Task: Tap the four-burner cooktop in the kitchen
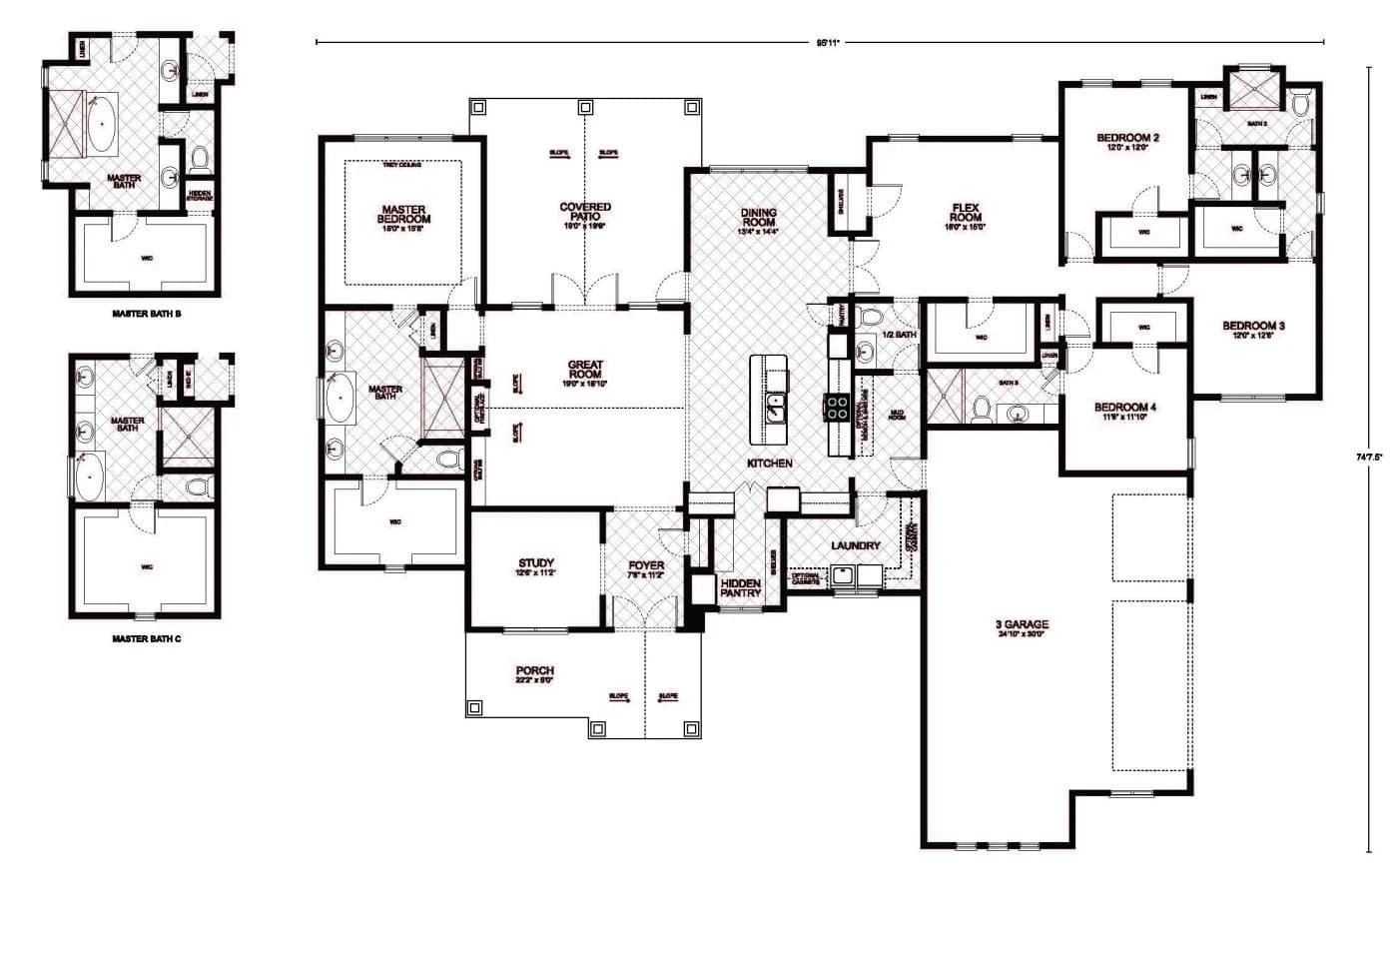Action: (837, 406)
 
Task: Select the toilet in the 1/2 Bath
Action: (869, 318)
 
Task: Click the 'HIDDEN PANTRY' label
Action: (740, 587)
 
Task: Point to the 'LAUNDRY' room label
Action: (856, 545)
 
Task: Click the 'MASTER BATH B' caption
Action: (147, 314)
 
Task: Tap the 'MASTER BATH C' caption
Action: (147, 638)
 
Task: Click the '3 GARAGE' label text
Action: (1022, 625)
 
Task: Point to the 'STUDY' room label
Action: (536, 563)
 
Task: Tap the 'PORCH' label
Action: (535, 671)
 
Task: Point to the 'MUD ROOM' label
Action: (897, 414)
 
